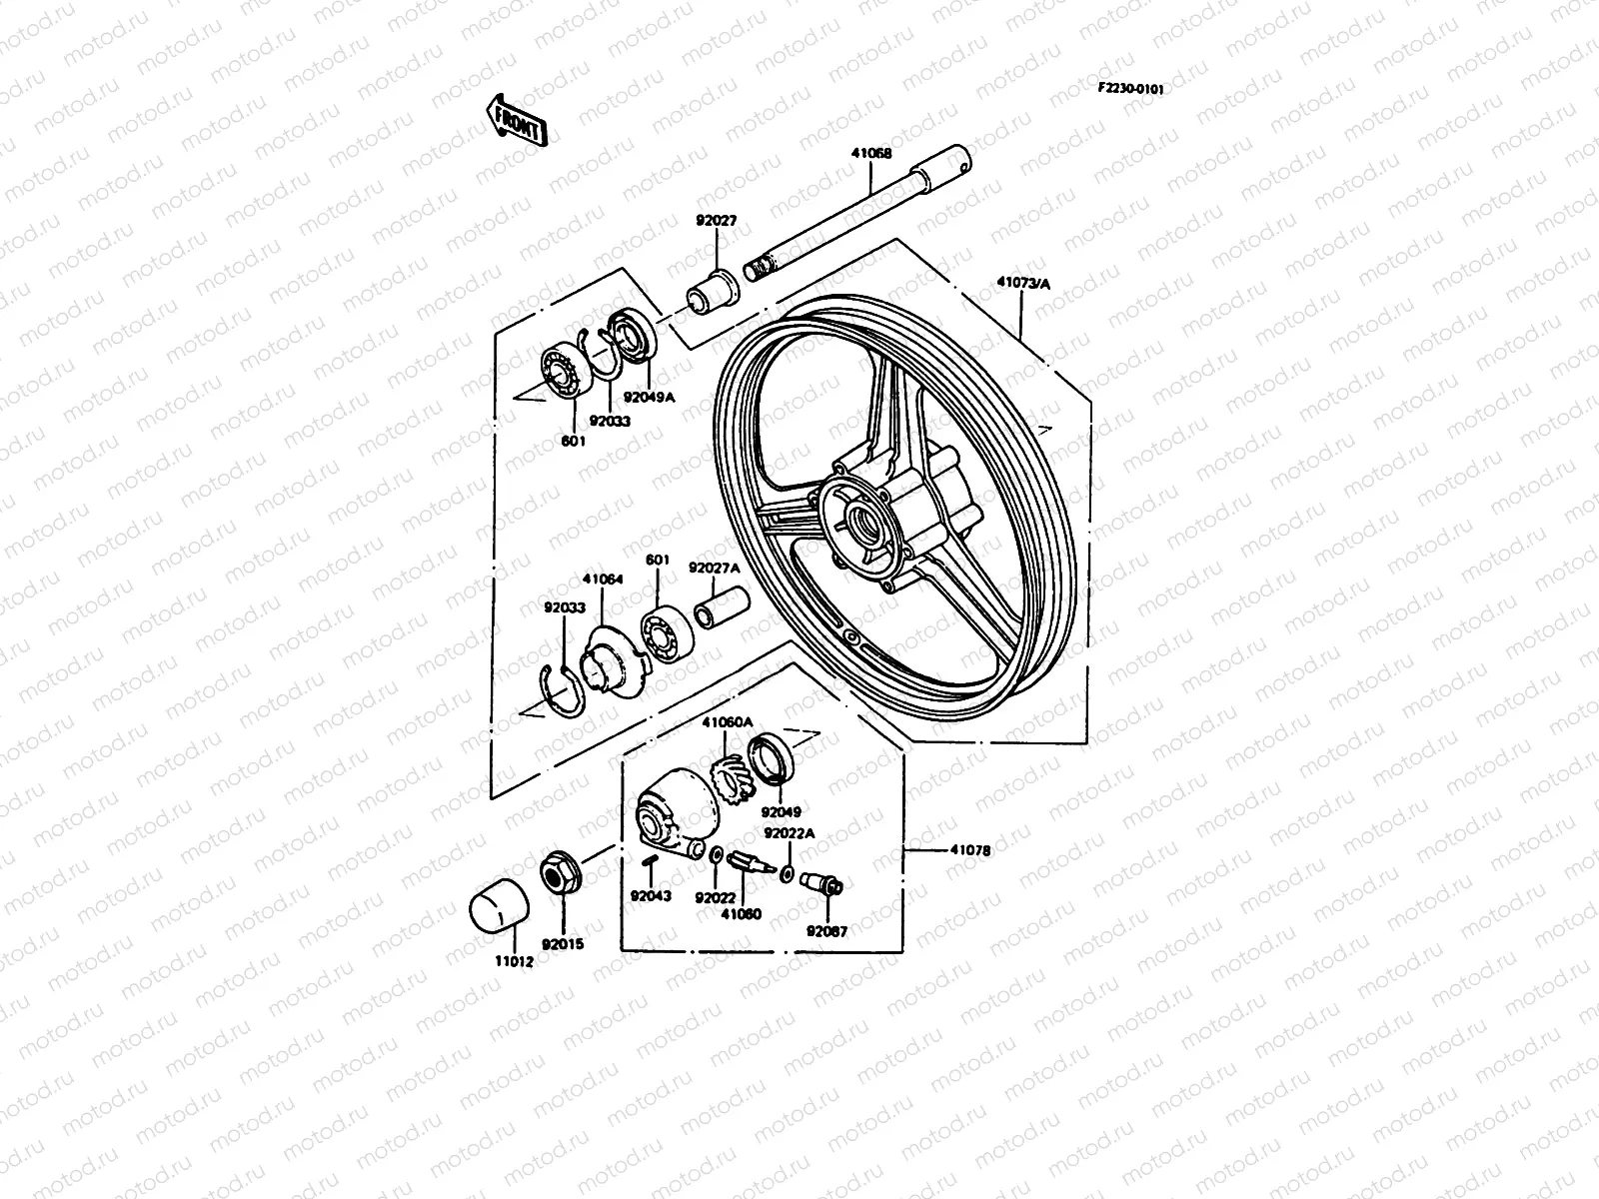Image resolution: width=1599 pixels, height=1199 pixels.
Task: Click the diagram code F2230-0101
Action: point(1130,88)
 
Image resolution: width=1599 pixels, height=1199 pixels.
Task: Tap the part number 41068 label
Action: point(871,154)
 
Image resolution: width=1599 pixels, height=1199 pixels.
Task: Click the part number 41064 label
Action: point(603,579)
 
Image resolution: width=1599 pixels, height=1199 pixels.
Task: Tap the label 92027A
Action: point(714,568)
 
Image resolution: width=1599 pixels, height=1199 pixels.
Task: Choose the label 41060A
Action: point(727,722)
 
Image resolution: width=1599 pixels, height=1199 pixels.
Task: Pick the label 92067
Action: point(827,930)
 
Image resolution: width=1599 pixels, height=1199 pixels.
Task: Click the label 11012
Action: point(515,961)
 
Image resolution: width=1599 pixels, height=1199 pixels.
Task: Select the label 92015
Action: point(563,943)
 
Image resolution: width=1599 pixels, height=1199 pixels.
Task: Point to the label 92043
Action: point(650,895)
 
